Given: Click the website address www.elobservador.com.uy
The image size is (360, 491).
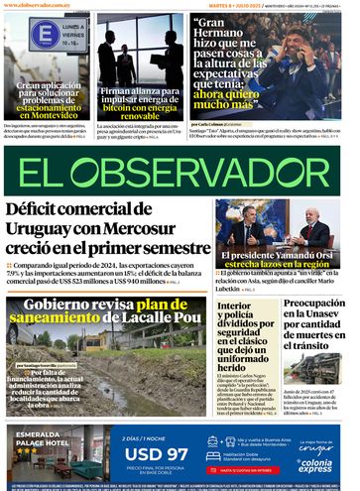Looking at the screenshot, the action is [41, 6].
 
